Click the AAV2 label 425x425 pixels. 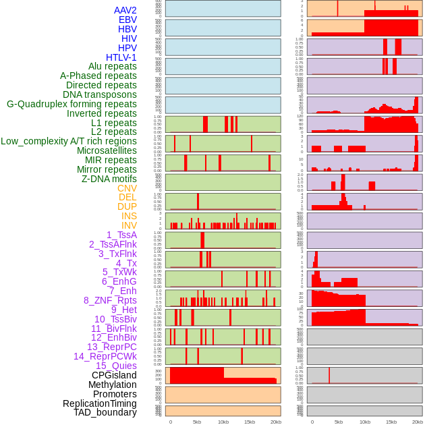click(125, 10)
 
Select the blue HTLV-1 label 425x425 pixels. click(121, 57)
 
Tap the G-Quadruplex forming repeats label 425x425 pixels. click(72, 104)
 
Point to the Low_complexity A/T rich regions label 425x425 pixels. click(69, 141)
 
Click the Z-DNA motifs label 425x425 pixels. click(109, 179)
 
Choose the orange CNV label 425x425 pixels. click(127, 188)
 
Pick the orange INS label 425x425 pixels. click(129, 216)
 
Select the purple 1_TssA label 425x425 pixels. click(121, 235)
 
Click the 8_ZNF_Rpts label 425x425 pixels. click(110, 300)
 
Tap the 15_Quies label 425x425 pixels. click(115, 366)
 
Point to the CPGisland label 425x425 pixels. click(114, 375)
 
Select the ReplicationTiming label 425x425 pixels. click(100, 403)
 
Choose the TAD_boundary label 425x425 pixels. click(105, 412)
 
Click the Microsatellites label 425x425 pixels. click(107, 150)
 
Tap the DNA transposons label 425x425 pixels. click(100, 94)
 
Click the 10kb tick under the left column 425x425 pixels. click(223, 422)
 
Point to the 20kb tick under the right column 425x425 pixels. click(418, 422)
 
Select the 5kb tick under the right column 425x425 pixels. click(339, 422)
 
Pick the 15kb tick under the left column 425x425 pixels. click(250, 422)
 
